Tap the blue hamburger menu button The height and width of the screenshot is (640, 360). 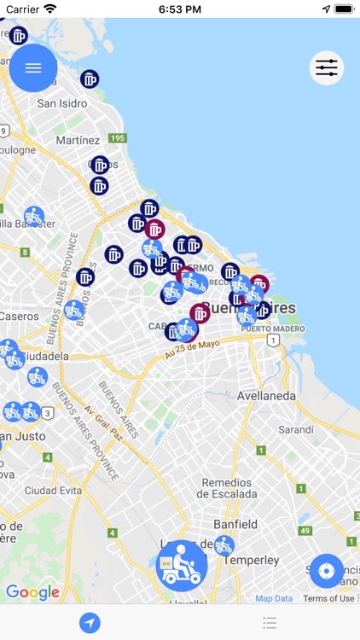pyautogui.click(x=33, y=68)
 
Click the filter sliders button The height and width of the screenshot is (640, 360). pyautogui.click(x=327, y=68)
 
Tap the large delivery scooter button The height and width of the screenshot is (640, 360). pyautogui.click(x=181, y=565)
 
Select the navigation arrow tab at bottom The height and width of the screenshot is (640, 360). pyautogui.click(x=90, y=623)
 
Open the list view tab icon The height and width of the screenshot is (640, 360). pyautogui.click(x=270, y=623)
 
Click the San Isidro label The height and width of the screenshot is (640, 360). pyautogui.click(x=61, y=103)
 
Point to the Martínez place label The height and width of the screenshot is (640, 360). pyautogui.click(x=78, y=140)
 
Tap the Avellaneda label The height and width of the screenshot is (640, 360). pyautogui.click(x=267, y=396)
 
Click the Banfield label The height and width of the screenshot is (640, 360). pyautogui.click(x=235, y=524)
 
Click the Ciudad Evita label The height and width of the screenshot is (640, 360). pyautogui.click(x=52, y=491)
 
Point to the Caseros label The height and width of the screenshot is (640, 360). pyautogui.click(x=20, y=316)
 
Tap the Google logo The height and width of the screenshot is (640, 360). pyautogui.click(x=32, y=592)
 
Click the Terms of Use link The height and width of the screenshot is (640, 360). pyautogui.click(x=328, y=599)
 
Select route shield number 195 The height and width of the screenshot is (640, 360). pyautogui.click(x=118, y=138)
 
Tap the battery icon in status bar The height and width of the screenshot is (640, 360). pyautogui.click(x=343, y=9)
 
